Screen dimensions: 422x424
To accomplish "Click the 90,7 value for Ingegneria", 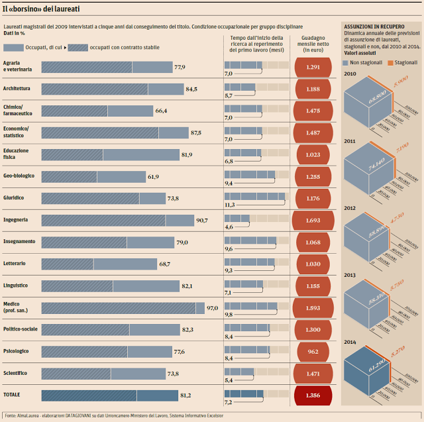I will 202,220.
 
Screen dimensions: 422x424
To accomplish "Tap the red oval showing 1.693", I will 313,220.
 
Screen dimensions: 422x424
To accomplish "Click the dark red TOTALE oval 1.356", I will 313,395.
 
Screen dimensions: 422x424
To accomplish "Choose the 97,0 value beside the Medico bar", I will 212,307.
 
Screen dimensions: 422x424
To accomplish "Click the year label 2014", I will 350,342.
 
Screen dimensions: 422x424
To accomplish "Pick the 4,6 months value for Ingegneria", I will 229,227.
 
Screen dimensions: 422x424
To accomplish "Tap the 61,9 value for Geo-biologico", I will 154,176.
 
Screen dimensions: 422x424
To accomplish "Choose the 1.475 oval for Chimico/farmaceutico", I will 313,111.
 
